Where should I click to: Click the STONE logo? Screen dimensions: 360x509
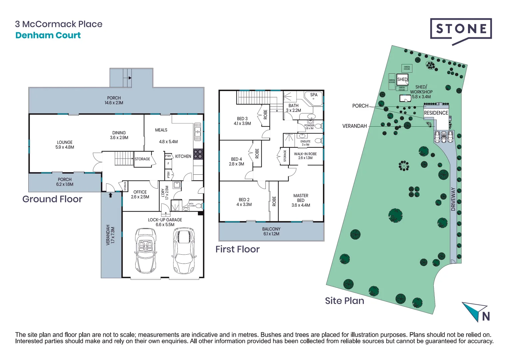coord(461,29)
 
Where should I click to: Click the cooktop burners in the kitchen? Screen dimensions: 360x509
coord(198,154)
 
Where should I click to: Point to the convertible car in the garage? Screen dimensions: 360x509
coord(146,251)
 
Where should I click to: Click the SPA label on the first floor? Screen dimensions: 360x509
coord(314,95)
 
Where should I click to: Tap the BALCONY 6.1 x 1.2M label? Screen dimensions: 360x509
coord(271,231)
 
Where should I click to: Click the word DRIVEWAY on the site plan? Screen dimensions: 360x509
coord(453,199)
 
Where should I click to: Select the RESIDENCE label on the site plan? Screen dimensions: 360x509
coord(436,113)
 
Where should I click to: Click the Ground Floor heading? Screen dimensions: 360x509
coord(52,199)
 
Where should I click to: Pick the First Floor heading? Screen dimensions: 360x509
coord(238,249)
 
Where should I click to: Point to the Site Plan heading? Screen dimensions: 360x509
coord(344,301)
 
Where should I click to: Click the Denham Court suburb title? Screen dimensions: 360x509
coord(48,35)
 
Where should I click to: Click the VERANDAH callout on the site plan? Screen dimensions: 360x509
coord(354,126)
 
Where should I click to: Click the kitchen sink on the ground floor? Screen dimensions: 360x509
coord(198,132)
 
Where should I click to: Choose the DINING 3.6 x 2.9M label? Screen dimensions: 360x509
coord(119,135)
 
